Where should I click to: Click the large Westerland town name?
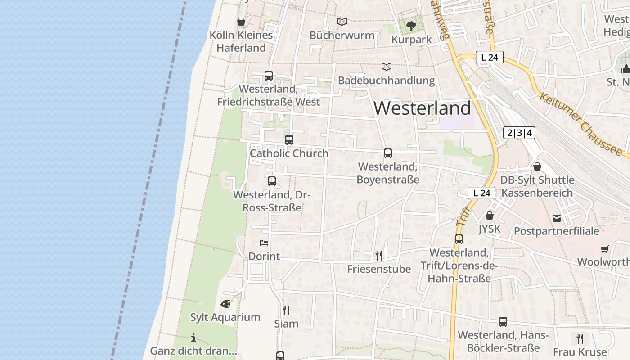click(422, 108)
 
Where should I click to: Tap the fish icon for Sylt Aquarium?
click(225, 304)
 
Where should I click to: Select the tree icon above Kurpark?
click(411, 26)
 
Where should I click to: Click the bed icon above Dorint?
click(264, 243)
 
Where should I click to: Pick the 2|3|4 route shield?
click(519, 133)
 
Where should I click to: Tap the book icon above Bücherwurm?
click(342, 22)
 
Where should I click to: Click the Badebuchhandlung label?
click(387, 81)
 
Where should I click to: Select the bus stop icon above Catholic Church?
click(289, 140)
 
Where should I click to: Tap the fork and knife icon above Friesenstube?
click(379, 256)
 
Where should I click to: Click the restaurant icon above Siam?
click(286, 310)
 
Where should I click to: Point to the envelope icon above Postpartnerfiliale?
click(557, 218)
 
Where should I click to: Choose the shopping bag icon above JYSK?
click(490, 216)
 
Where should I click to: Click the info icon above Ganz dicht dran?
click(193, 337)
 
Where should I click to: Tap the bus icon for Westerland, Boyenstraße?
click(388, 153)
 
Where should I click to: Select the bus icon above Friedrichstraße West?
click(269, 76)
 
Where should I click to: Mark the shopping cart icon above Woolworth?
click(604, 249)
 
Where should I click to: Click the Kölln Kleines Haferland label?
click(241, 41)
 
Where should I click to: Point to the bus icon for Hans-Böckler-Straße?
click(503, 322)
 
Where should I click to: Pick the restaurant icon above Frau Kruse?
click(580, 338)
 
